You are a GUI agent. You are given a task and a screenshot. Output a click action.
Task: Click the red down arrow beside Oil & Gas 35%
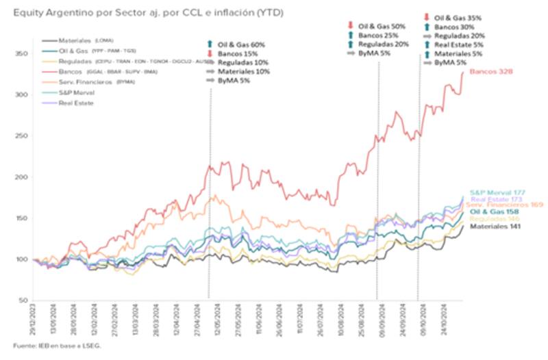pos(427,17)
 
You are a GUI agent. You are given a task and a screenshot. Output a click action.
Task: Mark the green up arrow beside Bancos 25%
pos(351,35)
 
